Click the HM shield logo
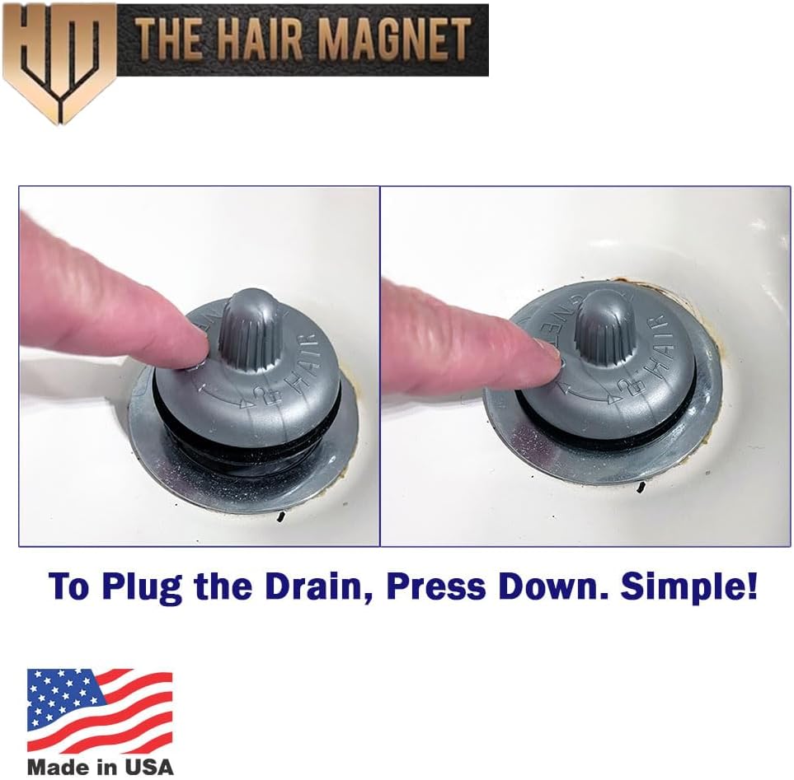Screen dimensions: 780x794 [x=59, y=62]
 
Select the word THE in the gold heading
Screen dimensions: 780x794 [x=166, y=40]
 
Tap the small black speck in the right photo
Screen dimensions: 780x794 [x=641, y=488]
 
